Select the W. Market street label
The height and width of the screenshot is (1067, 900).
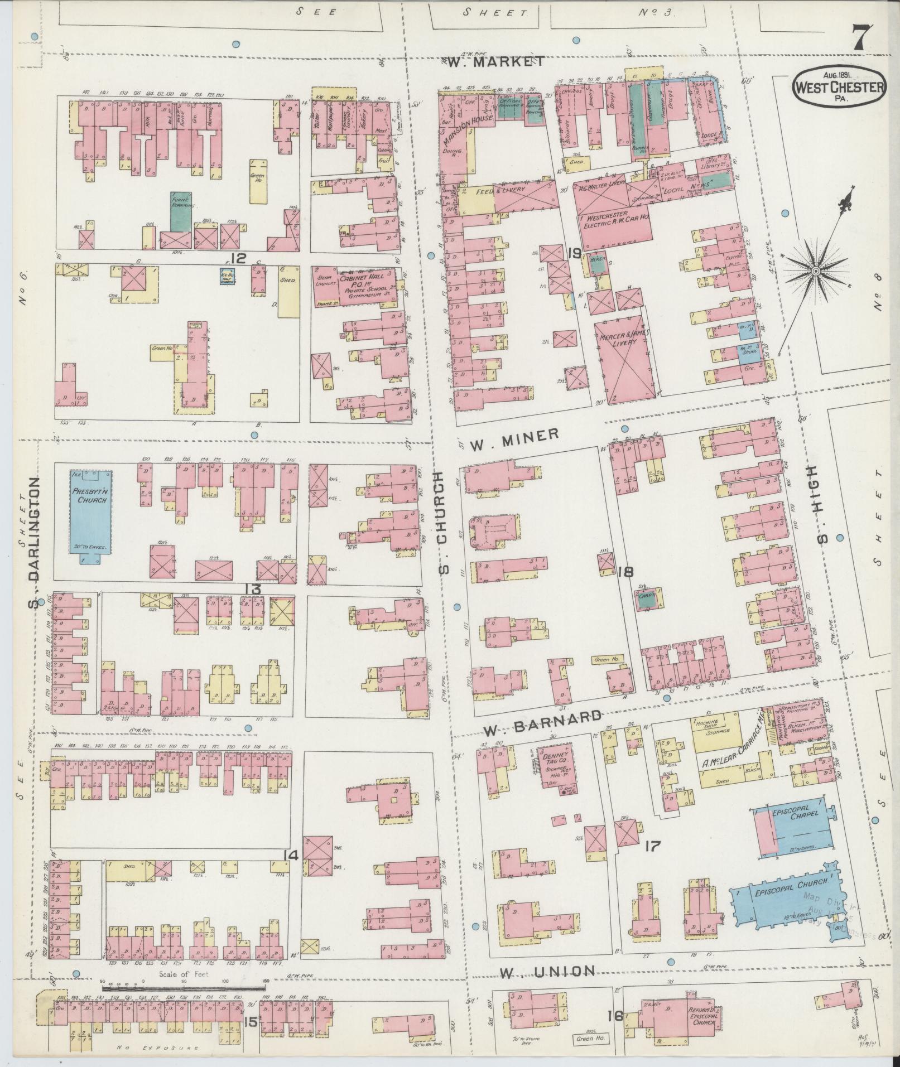[x=496, y=61]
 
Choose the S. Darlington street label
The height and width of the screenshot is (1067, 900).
[x=35, y=542]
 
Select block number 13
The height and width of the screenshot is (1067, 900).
[x=253, y=589]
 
